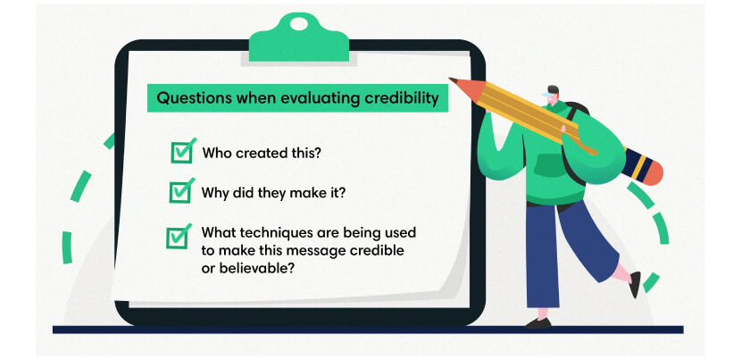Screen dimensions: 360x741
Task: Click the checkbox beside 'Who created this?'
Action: (181, 153)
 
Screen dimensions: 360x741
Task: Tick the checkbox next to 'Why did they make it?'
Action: (180, 191)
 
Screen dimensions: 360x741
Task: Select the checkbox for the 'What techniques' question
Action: (178, 237)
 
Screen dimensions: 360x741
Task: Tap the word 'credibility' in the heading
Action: (402, 98)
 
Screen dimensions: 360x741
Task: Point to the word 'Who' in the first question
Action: (216, 153)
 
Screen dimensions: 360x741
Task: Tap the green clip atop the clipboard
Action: (299, 40)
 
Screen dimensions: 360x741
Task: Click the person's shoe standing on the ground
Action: (537, 322)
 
